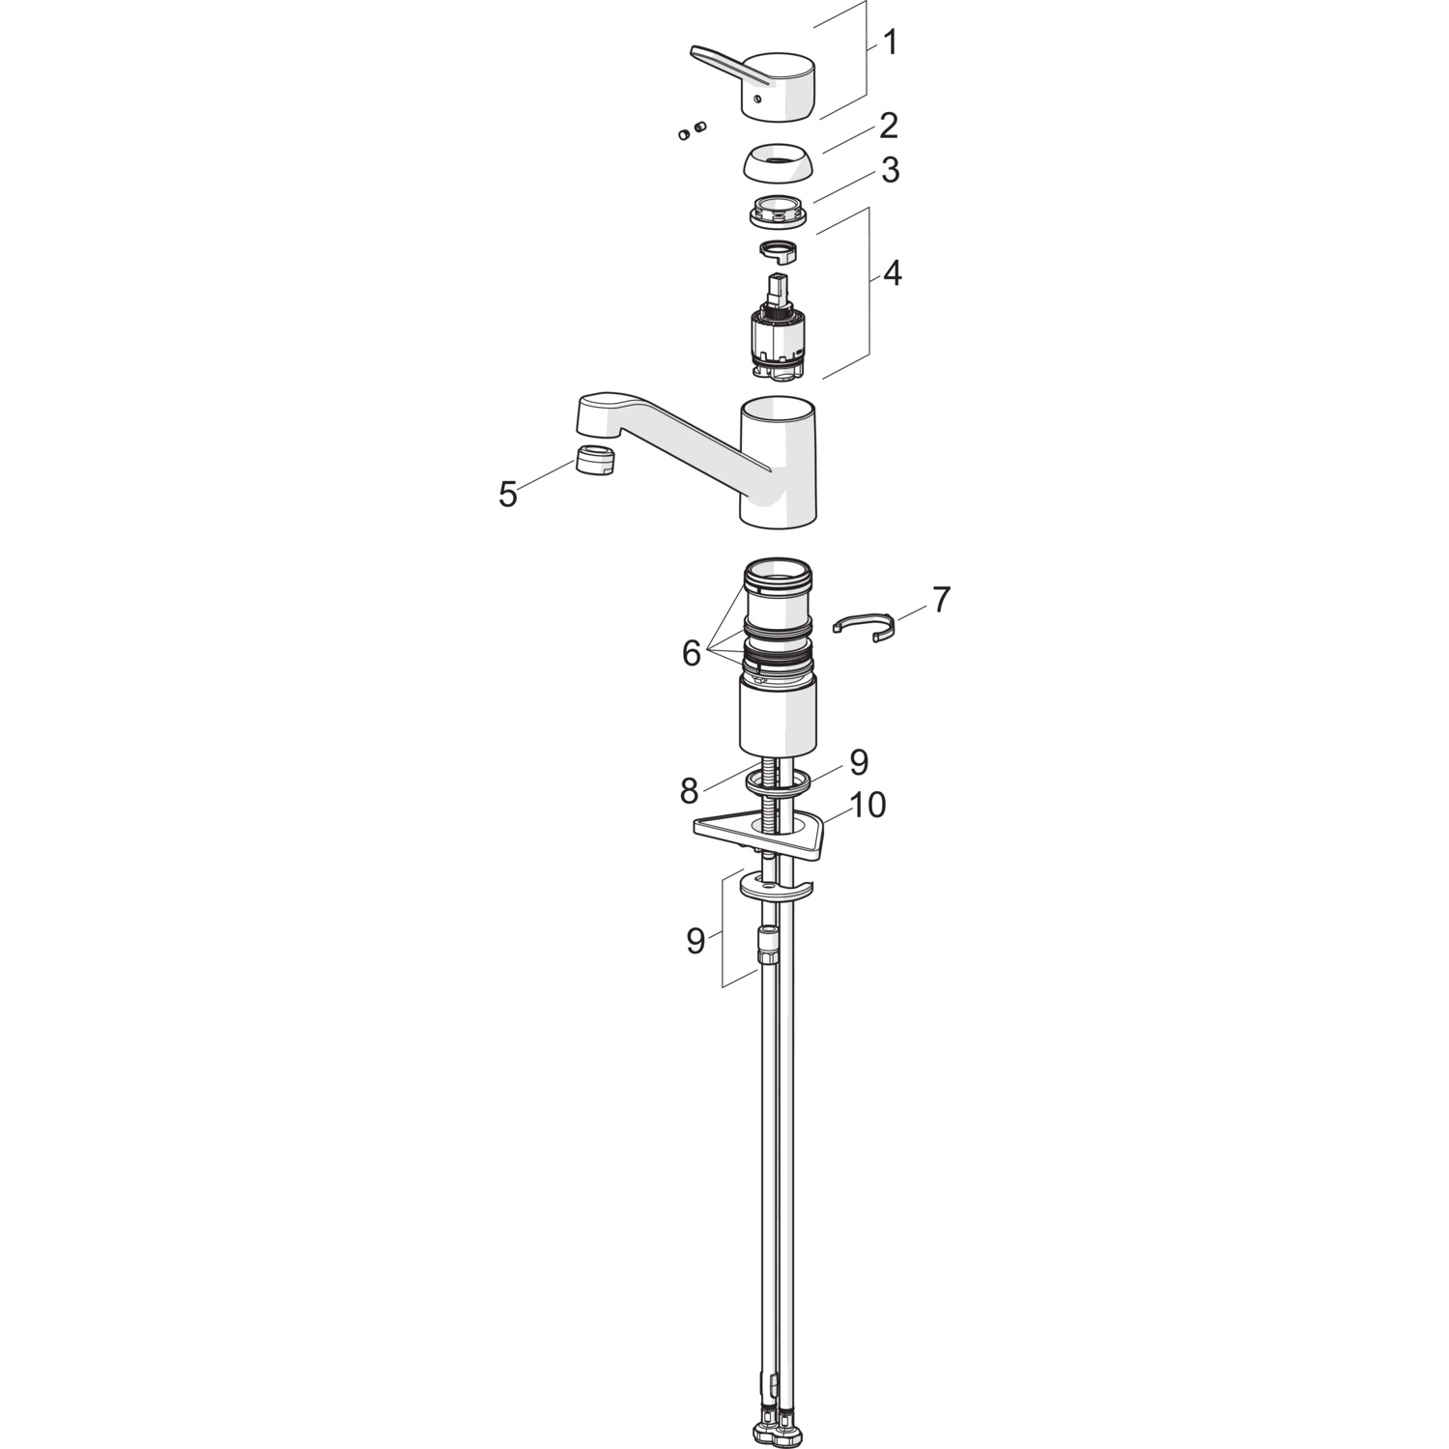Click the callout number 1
click(891, 43)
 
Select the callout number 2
click(889, 126)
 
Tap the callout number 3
click(890, 170)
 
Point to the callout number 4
click(893, 273)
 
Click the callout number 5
click(508, 495)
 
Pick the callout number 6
click(691, 654)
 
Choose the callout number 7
click(941, 600)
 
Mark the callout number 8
click(688, 791)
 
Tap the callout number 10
click(867, 805)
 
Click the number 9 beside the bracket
click(696, 940)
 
